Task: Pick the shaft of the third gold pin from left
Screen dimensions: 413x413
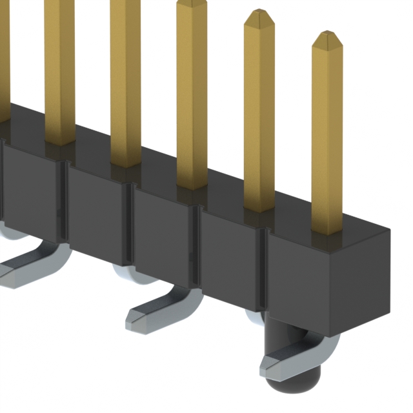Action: [x=125, y=77]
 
